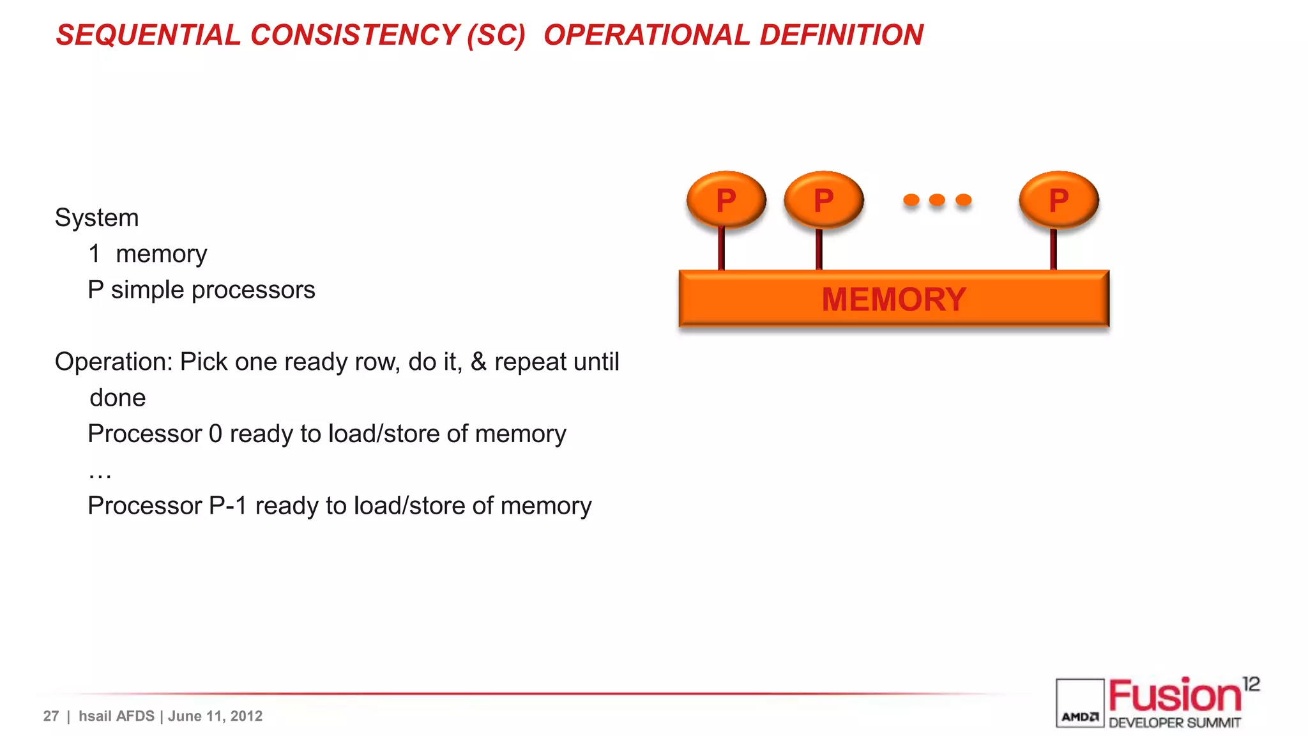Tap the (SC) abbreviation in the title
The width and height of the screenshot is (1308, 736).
pos(496,35)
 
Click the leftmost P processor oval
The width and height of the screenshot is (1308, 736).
pos(726,200)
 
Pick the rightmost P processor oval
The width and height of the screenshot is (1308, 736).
pos(1058,200)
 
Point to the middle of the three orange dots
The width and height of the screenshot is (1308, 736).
pos(937,200)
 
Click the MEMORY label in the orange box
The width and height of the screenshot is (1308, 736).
pos(894,299)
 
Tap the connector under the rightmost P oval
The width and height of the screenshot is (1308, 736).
pos(1053,249)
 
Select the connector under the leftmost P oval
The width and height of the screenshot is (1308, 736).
pos(721,249)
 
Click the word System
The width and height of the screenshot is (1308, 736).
pos(96,218)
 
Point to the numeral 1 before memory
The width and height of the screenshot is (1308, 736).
pos(95,254)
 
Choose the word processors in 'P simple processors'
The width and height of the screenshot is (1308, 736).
pos(253,290)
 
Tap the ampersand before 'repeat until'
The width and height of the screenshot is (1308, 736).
pos(478,362)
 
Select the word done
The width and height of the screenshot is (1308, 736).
pos(118,398)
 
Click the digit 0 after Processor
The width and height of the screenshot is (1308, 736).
pos(216,434)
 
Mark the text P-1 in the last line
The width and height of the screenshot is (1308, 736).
pos(228,506)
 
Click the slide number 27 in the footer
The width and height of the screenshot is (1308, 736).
pos(51,716)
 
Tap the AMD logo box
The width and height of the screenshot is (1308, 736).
pos(1079,703)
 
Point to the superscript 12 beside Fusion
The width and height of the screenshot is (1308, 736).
pos(1251,684)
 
